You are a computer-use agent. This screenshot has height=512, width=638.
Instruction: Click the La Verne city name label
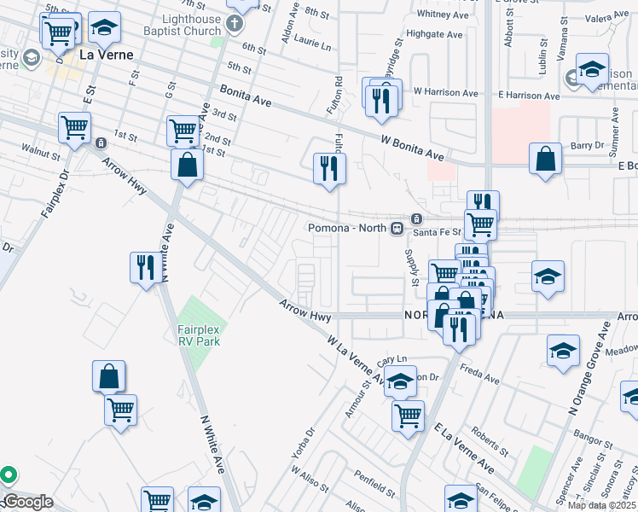click(106, 55)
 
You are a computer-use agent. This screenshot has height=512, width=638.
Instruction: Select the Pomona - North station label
click(347, 228)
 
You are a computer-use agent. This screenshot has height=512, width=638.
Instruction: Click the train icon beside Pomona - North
click(397, 228)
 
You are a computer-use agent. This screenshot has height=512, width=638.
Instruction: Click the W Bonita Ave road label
click(413, 147)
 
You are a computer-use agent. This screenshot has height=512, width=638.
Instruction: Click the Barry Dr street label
click(587, 146)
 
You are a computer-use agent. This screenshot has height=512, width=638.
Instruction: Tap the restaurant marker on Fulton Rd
click(328, 167)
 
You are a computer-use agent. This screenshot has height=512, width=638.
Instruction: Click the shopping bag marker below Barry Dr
click(545, 160)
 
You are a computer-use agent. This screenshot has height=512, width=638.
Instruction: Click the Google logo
click(27, 502)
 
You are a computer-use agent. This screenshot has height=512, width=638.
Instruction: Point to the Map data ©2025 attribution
click(600, 505)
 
